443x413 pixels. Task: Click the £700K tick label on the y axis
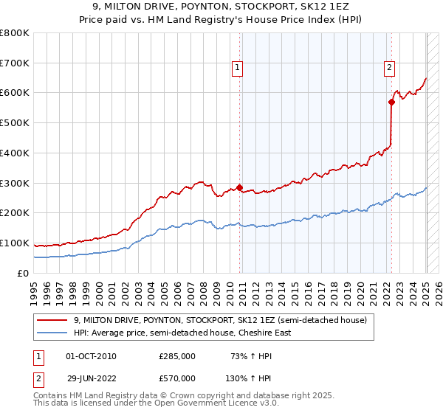[x=15, y=63]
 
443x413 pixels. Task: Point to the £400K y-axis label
[x=15, y=153]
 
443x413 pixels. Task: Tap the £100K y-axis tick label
[x=15, y=243]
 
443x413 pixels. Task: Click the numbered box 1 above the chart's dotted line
[x=238, y=69]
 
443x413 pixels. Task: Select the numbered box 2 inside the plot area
[x=389, y=69]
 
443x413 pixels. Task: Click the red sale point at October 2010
[x=240, y=187]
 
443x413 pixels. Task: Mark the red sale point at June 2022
[x=392, y=102]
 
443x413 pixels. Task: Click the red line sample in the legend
[x=52, y=320]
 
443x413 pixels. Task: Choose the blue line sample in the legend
[x=52, y=333]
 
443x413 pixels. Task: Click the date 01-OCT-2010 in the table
[x=91, y=357]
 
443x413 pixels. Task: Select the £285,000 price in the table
[x=177, y=357]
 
